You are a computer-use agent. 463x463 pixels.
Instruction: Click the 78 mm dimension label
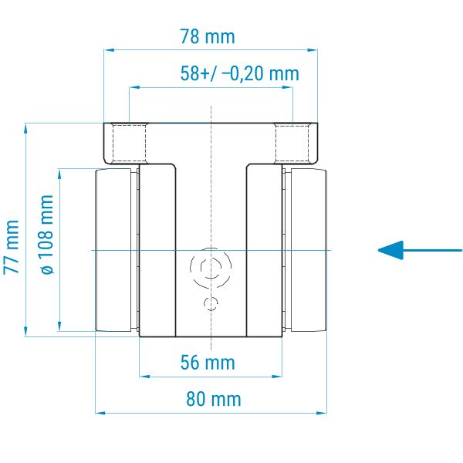pyautogui.click(x=208, y=36)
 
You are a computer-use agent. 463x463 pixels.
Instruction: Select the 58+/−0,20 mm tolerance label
pyautogui.click(x=240, y=73)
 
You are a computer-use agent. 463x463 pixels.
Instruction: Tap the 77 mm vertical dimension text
pyautogui.click(x=12, y=247)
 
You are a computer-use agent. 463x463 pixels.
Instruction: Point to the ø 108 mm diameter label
pyautogui.click(x=47, y=235)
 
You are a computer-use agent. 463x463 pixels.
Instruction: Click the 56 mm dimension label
pyautogui.click(x=208, y=363)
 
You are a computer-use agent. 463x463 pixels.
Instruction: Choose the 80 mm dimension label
pyautogui.click(x=214, y=399)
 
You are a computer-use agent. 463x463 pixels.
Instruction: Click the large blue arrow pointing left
pyautogui.click(x=420, y=250)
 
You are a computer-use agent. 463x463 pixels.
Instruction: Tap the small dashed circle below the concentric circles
pyautogui.click(x=211, y=303)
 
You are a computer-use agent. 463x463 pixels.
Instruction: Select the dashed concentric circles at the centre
pyautogui.click(x=211, y=268)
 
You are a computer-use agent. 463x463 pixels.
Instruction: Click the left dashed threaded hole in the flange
pyautogui.click(x=130, y=144)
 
